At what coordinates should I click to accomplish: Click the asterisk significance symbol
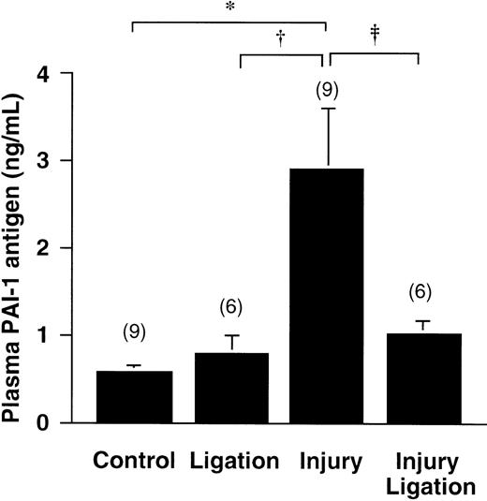229,7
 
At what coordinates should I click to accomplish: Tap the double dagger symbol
375,34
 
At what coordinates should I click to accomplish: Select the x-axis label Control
134,461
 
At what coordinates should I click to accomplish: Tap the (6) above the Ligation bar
230,306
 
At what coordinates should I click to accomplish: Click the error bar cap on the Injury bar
326,109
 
